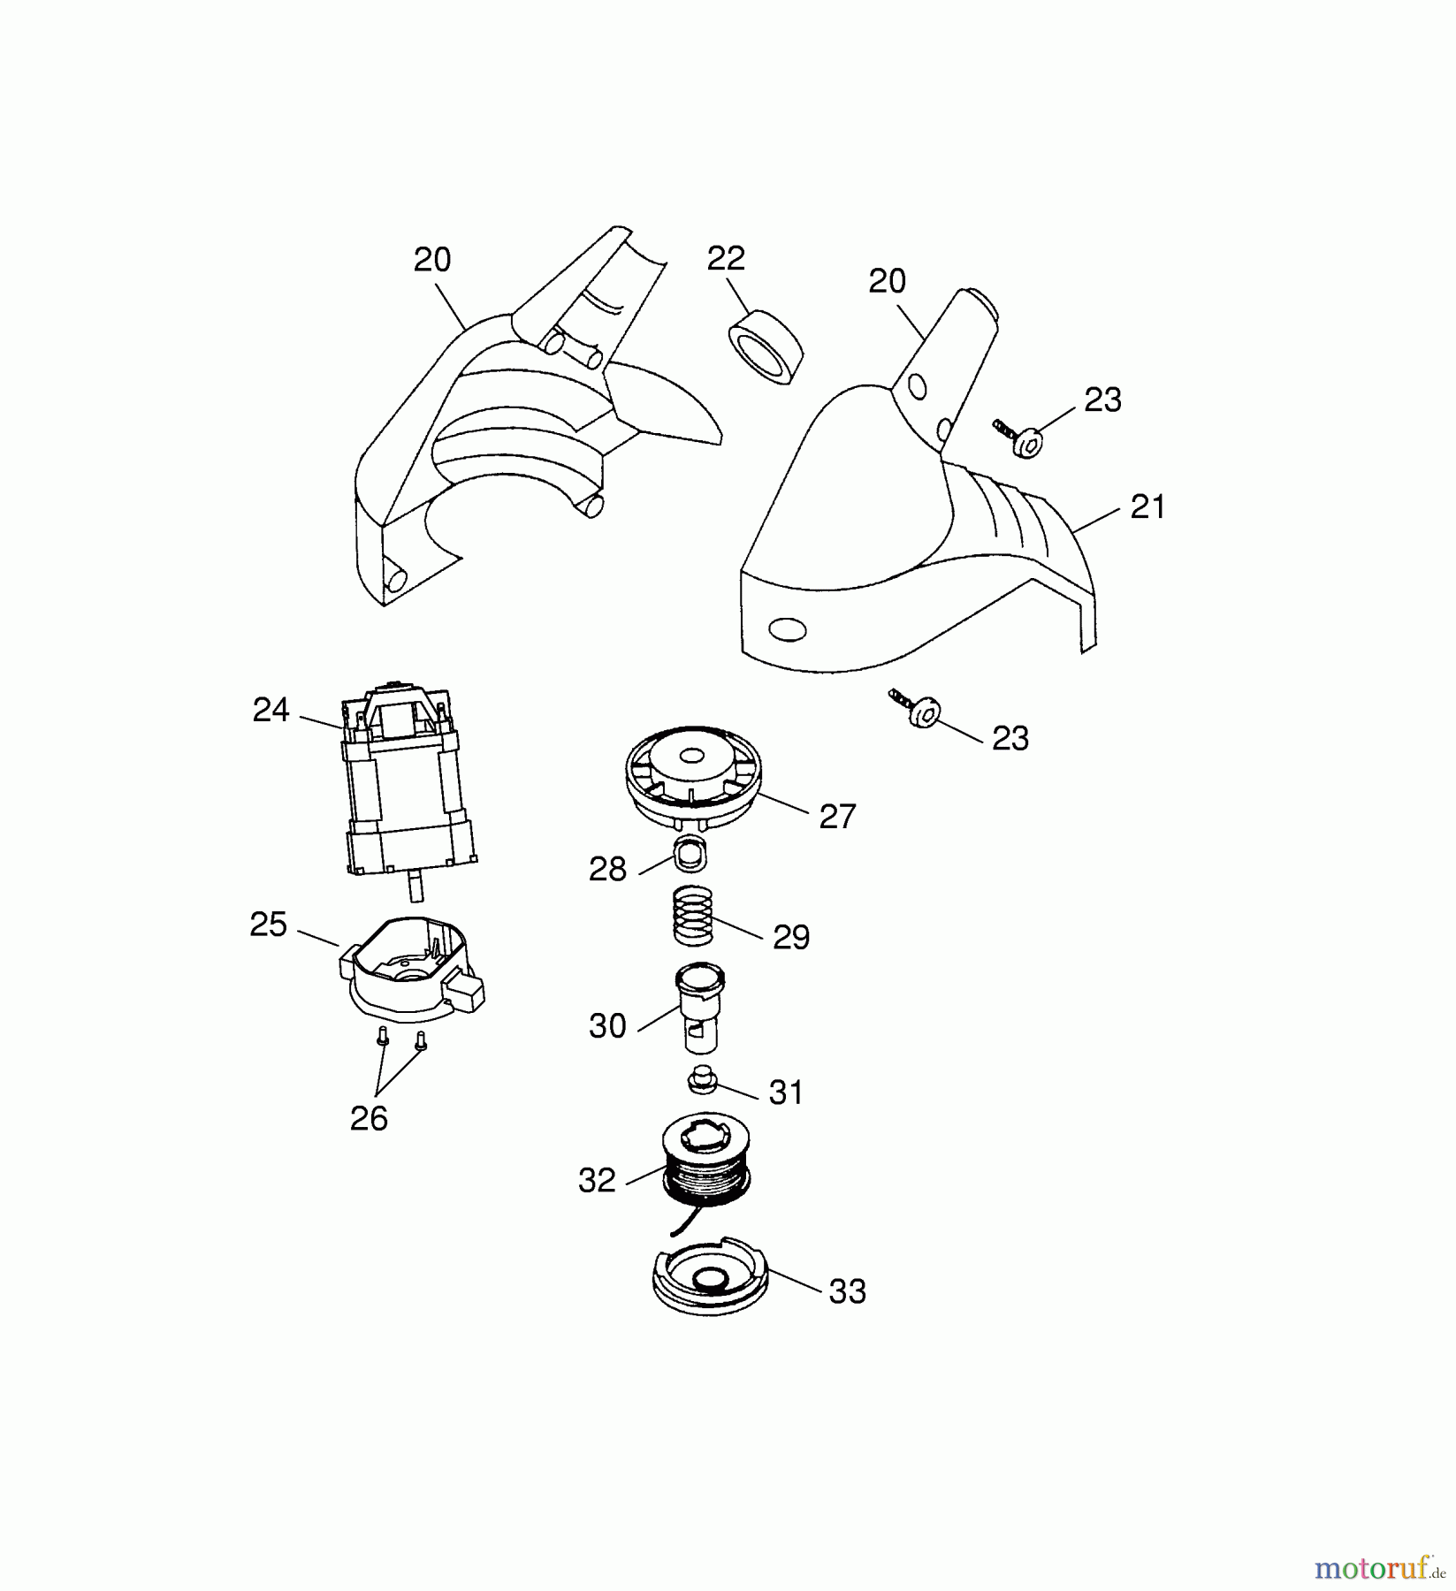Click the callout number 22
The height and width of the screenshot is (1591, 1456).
(x=726, y=258)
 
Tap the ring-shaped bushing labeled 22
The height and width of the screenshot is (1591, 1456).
(x=765, y=347)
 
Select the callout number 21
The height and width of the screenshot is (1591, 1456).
(x=1147, y=507)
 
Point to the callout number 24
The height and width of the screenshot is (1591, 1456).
(x=271, y=710)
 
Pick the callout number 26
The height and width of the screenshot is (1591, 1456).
(x=369, y=1118)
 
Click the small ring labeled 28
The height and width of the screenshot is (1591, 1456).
(x=691, y=855)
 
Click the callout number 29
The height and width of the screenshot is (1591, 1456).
(x=791, y=937)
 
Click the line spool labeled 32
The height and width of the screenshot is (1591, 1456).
(x=705, y=1161)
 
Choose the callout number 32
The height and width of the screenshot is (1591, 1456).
(x=597, y=1180)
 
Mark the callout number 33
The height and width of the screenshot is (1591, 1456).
(x=847, y=1291)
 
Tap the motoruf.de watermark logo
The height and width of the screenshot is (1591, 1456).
(x=1380, y=1569)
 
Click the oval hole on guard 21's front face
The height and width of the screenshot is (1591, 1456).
(x=788, y=629)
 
